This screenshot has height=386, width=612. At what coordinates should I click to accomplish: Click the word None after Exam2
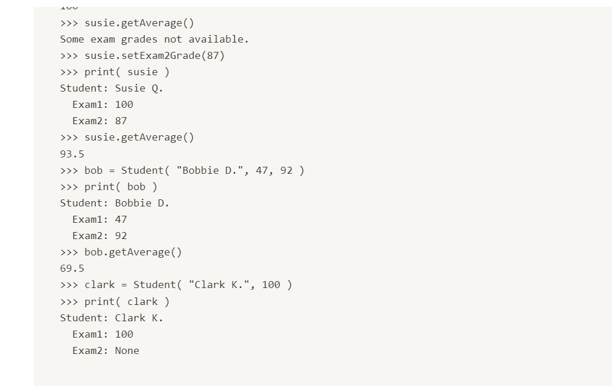click(127, 350)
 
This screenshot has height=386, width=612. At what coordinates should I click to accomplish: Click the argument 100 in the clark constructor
click(271, 285)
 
